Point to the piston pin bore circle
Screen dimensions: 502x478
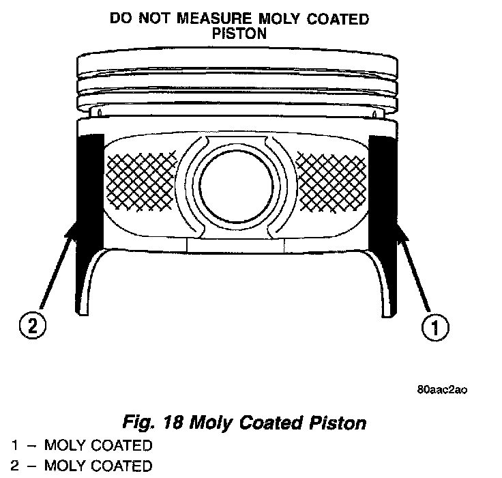pyautogui.click(x=235, y=184)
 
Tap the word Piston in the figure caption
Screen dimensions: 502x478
pyautogui.click(x=338, y=424)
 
